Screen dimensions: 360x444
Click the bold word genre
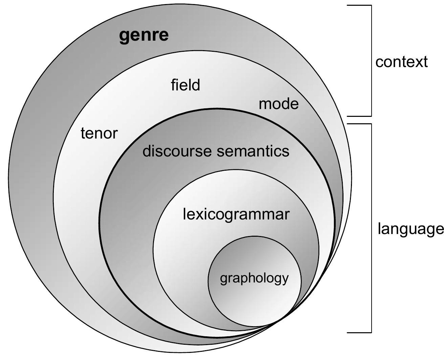point(144,35)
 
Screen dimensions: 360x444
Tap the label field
point(185,85)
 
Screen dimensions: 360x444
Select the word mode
point(279,104)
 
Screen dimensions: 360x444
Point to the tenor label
point(99,133)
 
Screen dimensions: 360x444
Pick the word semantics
point(253,151)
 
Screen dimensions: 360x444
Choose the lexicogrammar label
point(236,214)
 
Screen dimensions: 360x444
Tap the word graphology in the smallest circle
point(254,278)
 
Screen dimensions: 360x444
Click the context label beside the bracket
point(401,62)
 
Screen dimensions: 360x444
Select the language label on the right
point(410,229)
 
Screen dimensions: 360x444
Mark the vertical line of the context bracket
point(372,61)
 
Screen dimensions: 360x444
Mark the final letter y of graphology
point(285,279)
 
